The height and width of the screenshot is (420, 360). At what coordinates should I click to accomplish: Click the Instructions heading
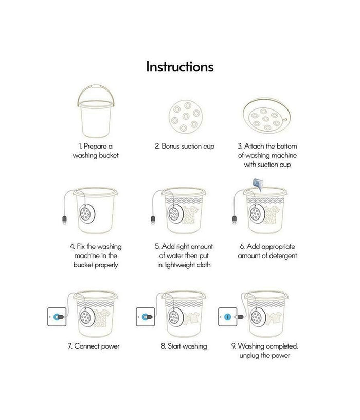pos(180,67)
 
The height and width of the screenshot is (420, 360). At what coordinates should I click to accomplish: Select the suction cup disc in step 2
pos(186,117)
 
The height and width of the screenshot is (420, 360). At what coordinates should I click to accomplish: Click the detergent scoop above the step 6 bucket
pos(258,184)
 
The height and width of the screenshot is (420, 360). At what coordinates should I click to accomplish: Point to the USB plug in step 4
pos(64,220)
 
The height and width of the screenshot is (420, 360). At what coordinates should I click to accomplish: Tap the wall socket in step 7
pos(57,317)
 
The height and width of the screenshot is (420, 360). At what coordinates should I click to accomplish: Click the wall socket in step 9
pos(228,317)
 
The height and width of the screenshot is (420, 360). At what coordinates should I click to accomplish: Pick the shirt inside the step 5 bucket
pos(191,215)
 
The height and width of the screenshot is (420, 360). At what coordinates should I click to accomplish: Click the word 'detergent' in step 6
pos(282,256)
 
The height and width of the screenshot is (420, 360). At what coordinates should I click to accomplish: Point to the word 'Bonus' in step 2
pos(170,146)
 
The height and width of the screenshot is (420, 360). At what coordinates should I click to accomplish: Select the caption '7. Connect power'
pos(94,346)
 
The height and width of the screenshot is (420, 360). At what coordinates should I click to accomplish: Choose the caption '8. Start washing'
pos(184,346)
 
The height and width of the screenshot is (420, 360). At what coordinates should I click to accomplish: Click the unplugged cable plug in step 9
pos(240,317)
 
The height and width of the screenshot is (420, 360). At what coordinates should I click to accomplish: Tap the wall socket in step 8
pos(146,317)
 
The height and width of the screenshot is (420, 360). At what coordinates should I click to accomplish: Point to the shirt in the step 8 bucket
pos(192,317)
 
